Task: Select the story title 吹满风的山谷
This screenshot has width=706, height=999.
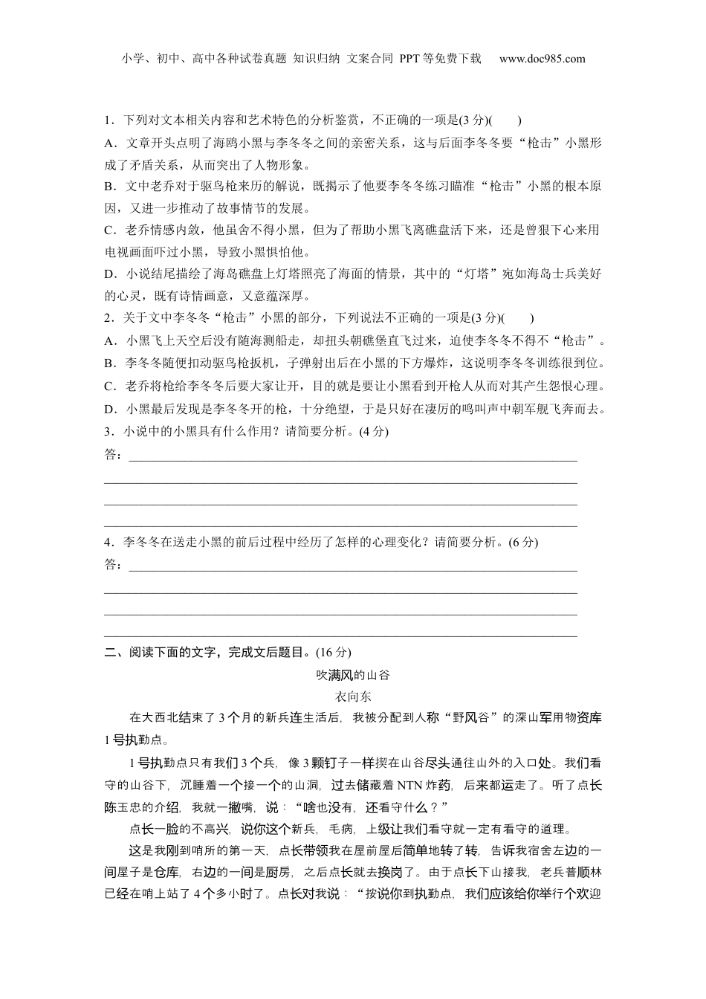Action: [353, 675]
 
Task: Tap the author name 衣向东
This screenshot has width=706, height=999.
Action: [353, 696]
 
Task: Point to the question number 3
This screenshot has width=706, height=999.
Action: [108, 431]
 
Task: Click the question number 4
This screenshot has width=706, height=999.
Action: [108, 542]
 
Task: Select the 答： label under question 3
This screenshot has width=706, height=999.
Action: [114, 454]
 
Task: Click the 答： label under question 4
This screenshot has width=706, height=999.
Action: [114, 565]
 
